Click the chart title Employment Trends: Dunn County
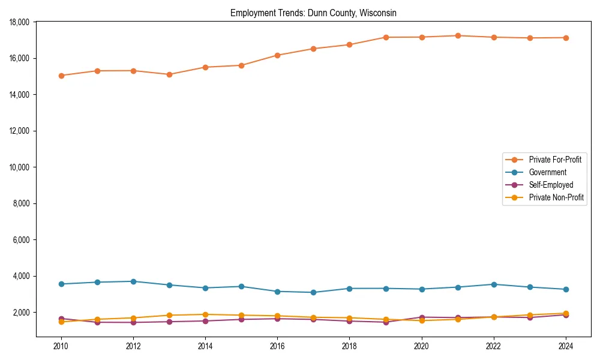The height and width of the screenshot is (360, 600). point(313,13)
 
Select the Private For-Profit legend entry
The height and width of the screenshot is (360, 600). point(550,160)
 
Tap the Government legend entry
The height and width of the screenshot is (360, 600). point(547,172)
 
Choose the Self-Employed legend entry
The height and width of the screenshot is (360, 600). point(551,185)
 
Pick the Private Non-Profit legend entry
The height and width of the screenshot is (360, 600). point(556,197)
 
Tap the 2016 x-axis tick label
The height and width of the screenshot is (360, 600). point(277,346)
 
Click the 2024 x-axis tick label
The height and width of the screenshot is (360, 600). point(565,346)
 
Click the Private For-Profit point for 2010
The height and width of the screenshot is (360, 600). point(61,76)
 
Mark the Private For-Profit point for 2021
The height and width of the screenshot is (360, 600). point(457,35)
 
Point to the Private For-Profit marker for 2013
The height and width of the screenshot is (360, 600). point(169,74)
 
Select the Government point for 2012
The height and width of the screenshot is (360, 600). point(133,281)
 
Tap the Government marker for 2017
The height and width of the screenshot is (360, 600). point(313,292)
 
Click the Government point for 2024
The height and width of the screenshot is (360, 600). point(565,289)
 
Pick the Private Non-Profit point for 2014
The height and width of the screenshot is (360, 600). point(205,314)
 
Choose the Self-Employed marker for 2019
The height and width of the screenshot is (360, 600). point(385,322)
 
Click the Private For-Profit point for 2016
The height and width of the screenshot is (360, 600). point(277,55)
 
